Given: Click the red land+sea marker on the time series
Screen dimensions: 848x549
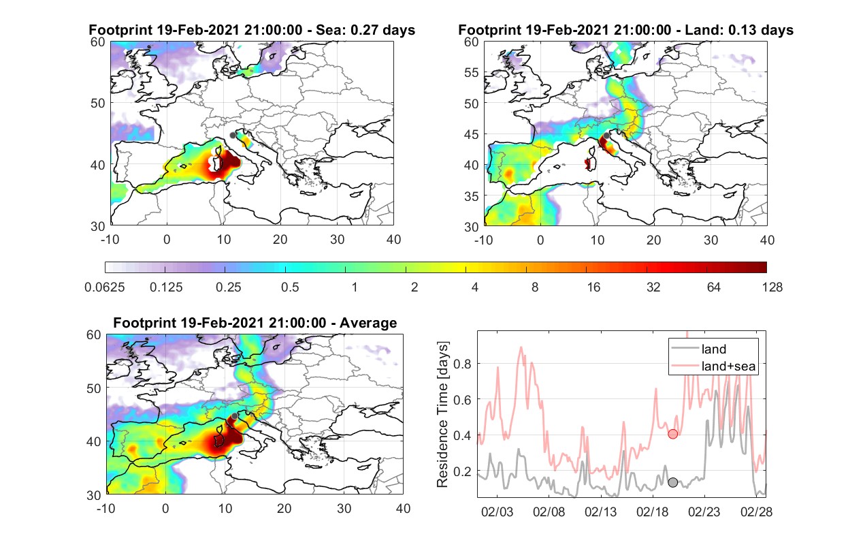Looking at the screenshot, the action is point(672,434).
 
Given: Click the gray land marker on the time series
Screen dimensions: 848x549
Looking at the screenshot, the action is point(672,482).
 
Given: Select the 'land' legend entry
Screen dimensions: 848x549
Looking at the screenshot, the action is point(714,349).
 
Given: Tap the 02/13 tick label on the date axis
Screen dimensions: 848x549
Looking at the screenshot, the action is point(600,512).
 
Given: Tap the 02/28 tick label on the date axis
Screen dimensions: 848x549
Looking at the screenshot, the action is point(756,512).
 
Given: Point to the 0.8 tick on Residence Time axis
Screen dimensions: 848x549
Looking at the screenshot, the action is point(462,364).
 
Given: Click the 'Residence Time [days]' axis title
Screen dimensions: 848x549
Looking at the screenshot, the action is point(442,415).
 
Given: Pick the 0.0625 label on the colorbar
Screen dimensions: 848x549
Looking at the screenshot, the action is point(105,287).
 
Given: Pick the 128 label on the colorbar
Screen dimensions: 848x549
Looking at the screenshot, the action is point(772,287).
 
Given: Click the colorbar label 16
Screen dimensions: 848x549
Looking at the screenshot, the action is point(593,287).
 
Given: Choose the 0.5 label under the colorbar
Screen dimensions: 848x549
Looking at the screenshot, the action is point(290,287).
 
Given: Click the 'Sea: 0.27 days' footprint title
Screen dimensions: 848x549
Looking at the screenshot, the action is point(365,30).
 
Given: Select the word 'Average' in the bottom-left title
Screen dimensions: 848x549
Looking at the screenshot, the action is point(368,323).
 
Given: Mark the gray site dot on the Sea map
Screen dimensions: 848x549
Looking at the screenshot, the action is point(233,136).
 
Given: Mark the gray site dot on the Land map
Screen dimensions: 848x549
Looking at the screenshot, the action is point(606,136).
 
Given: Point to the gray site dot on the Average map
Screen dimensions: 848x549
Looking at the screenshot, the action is point(235,416).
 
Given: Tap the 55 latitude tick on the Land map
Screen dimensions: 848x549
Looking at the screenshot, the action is point(472,72).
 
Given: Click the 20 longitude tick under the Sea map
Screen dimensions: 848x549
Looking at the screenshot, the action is point(280,240).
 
